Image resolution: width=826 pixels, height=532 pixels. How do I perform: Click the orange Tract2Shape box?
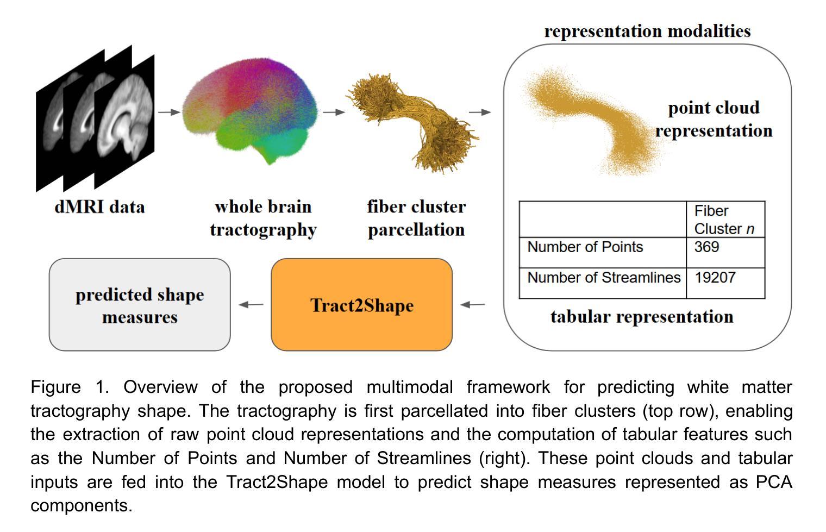click(x=361, y=305)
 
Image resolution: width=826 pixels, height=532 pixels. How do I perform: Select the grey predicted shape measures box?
click(x=140, y=305)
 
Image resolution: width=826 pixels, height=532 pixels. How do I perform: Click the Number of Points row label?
click(x=585, y=247)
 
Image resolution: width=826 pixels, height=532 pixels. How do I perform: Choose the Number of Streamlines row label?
click(x=603, y=278)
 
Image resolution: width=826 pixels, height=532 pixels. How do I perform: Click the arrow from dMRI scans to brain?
click(x=168, y=112)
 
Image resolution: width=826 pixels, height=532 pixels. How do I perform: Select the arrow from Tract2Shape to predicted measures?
click(x=251, y=305)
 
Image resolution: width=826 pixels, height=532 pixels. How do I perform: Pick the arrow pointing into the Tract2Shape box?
click(x=472, y=305)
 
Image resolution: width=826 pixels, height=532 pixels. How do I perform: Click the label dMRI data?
click(x=99, y=207)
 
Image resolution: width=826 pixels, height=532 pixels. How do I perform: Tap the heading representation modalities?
click(x=647, y=31)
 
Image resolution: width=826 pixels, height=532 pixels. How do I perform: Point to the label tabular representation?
click(x=642, y=316)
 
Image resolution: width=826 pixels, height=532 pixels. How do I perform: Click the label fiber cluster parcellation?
click(x=416, y=218)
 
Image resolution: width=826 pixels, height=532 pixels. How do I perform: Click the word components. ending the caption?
click(x=81, y=506)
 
